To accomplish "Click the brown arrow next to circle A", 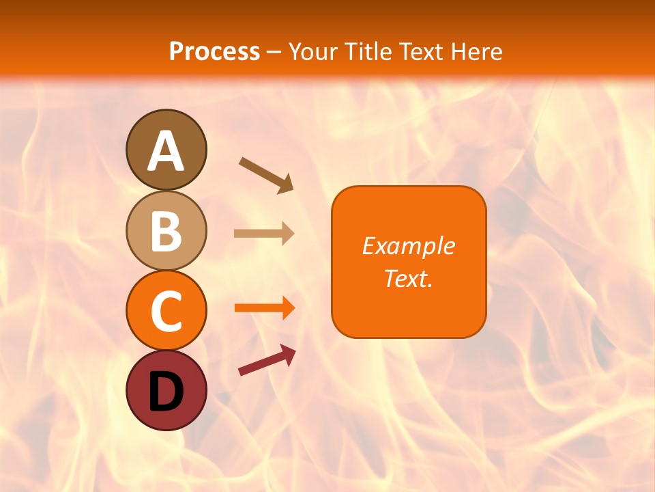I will click(266, 174).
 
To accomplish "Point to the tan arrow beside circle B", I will click(264, 233).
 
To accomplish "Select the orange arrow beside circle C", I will click(265, 308).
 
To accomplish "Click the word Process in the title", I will click(214, 51).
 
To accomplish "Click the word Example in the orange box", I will click(409, 246).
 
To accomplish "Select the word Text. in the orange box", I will click(409, 278).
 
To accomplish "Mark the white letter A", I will click(166, 150).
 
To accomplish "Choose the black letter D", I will click(166, 392).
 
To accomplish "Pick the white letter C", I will click(166, 312).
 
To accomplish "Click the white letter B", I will click(166, 231).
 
